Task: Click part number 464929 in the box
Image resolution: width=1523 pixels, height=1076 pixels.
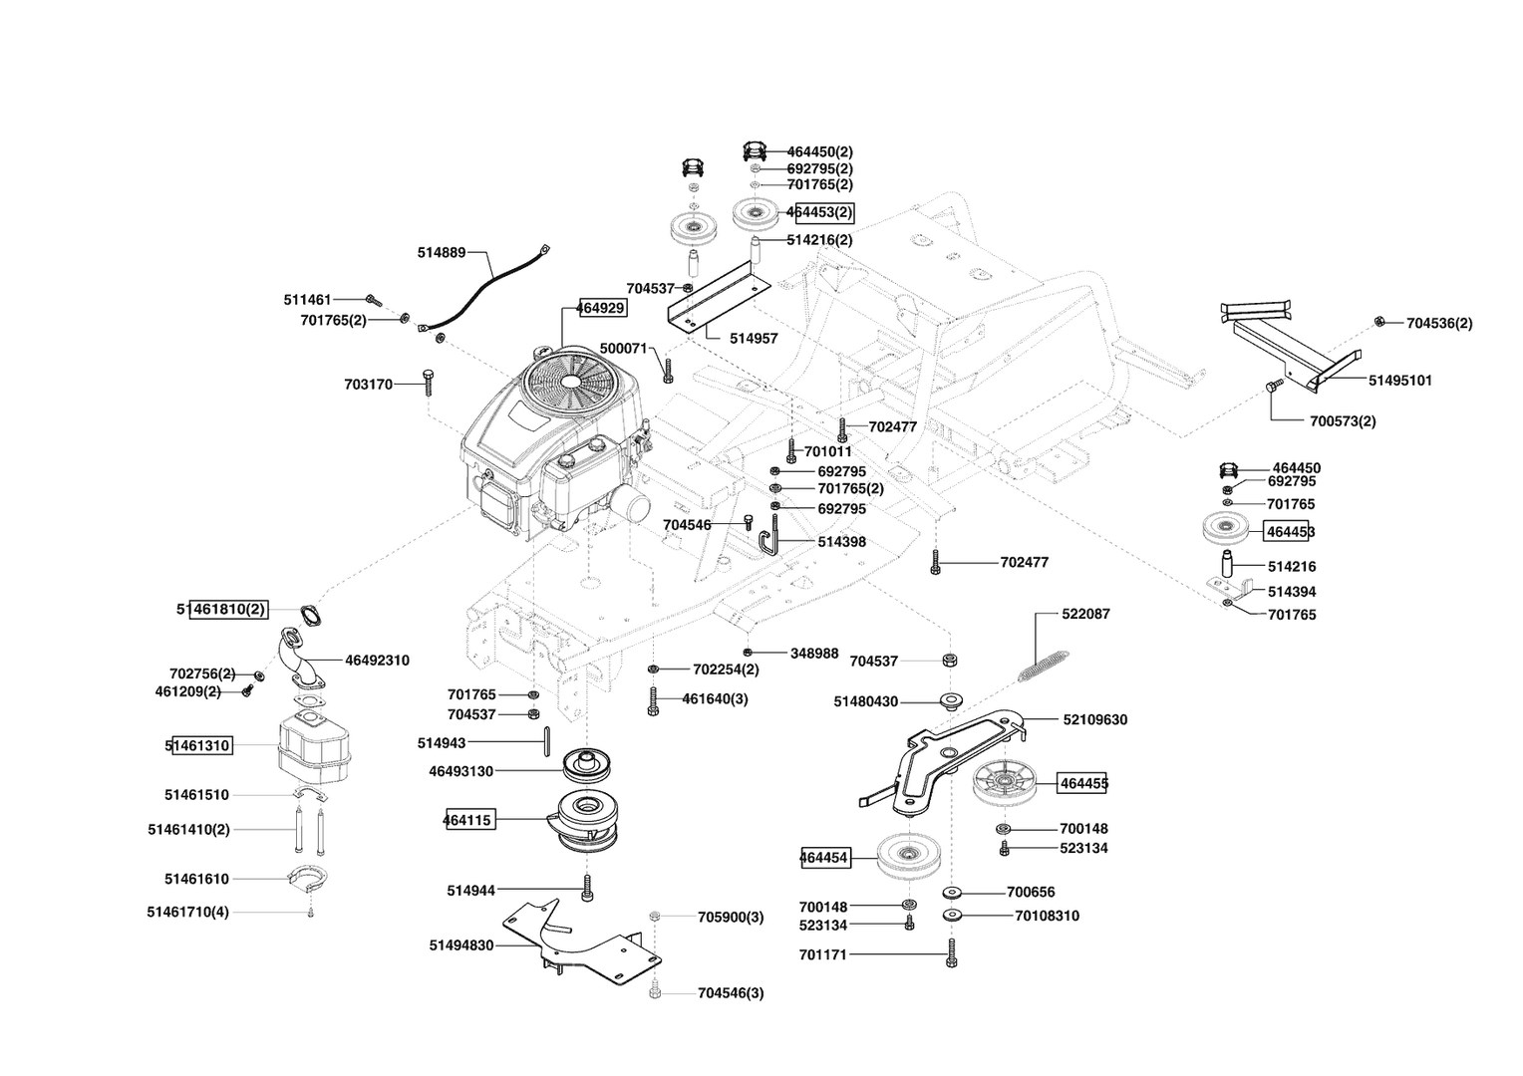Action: click(x=602, y=308)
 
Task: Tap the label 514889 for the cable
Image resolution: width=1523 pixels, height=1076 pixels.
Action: click(x=442, y=253)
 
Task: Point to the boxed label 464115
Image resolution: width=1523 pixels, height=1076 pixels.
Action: click(x=467, y=820)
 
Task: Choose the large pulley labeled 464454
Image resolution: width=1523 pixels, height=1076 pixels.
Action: click(x=909, y=857)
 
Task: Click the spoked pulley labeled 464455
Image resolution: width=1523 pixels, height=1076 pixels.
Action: click(x=1003, y=782)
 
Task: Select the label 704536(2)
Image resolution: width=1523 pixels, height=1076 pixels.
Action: click(x=1439, y=323)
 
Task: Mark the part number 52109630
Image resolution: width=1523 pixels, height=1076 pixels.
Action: click(x=1094, y=719)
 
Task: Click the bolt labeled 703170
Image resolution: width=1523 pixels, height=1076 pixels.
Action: click(x=428, y=382)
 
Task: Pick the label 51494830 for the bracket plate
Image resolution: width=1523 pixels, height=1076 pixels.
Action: click(x=461, y=945)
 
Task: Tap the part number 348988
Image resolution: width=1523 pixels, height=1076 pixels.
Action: click(x=814, y=654)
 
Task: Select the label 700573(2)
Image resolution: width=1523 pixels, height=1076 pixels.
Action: click(x=1342, y=420)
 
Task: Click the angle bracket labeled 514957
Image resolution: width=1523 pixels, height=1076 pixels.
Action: click(x=720, y=297)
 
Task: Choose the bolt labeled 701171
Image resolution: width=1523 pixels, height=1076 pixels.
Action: click(x=952, y=953)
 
